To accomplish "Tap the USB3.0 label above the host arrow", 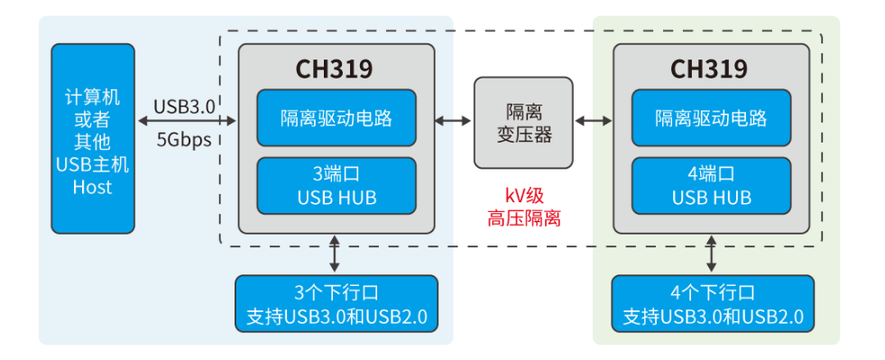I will point(184,106).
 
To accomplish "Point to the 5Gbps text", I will point(184,140).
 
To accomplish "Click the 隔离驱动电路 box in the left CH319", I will point(336,118).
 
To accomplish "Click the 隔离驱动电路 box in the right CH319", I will point(711,118).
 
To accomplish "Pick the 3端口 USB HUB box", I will point(336,185).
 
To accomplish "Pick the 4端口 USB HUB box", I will point(711,185).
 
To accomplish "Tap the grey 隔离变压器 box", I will point(524,124).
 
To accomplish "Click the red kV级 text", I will point(524,196).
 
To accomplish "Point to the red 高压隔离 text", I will point(524,217).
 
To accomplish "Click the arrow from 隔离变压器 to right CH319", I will point(594,120).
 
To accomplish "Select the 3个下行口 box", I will point(336,304).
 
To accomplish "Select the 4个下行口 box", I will point(712,304).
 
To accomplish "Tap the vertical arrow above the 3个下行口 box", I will point(336,254).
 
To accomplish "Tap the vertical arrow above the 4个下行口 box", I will point(712,254).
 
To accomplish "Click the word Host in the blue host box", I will point(93,188).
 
